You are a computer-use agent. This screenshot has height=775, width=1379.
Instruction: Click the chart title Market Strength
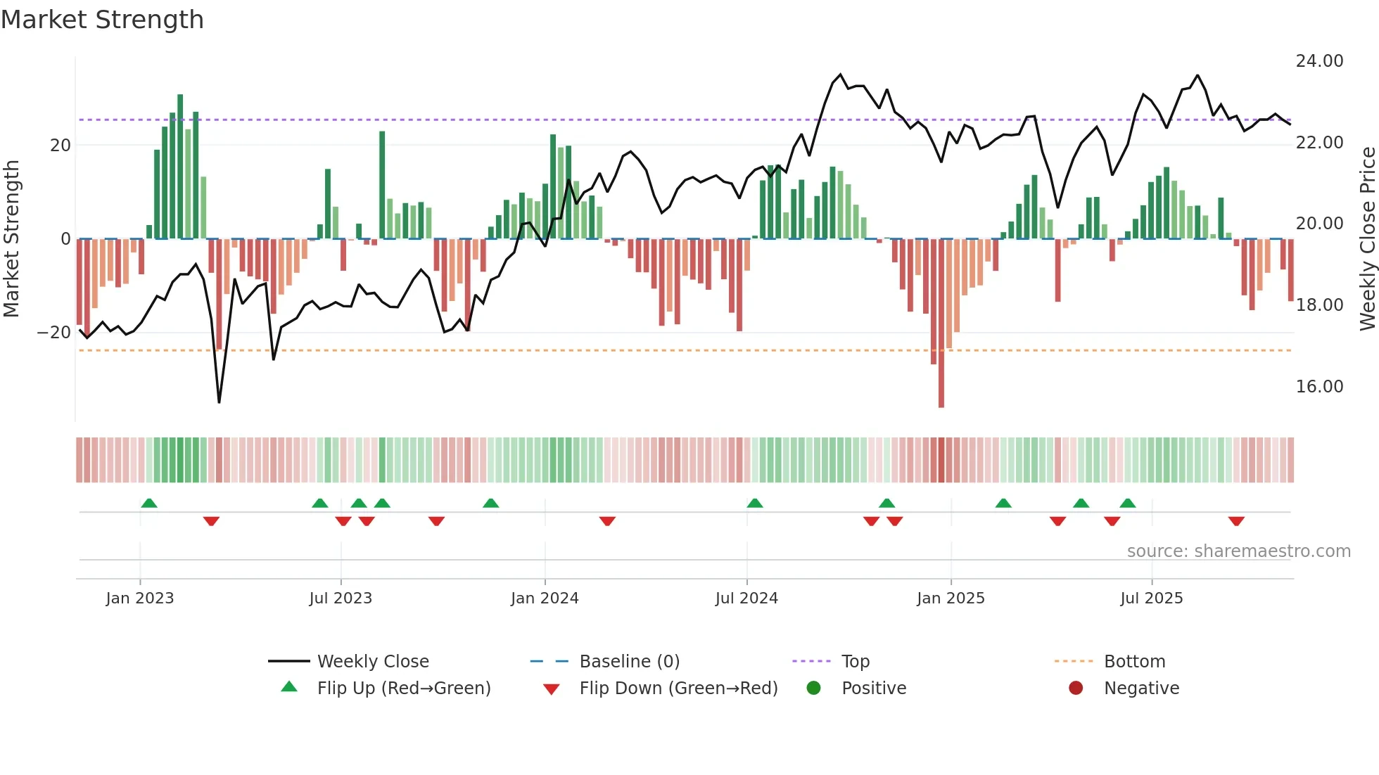102,20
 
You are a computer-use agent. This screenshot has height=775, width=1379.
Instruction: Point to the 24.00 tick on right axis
1319,61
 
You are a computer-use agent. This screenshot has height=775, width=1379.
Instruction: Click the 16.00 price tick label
1319,387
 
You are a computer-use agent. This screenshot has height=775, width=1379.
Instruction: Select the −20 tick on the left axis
54,333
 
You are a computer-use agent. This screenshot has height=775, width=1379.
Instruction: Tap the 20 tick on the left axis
61,146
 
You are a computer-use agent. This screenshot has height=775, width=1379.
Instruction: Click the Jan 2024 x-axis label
545,598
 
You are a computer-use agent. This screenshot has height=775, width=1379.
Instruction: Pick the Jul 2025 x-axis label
1151,598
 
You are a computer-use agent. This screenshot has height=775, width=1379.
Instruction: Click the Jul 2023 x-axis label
341,598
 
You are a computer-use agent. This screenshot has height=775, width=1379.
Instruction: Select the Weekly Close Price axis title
1367,239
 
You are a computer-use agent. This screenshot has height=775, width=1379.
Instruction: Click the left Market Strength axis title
12,239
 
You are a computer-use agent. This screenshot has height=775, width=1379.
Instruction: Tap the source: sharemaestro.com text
1238,551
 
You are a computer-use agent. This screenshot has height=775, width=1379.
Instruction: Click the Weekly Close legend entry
373,662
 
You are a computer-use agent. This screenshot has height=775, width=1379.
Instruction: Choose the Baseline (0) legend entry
629,662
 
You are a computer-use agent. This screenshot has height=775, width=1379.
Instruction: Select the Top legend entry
856,662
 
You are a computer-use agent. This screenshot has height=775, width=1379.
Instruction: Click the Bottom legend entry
1134,662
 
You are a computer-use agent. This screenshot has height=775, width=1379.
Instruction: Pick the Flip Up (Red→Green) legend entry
403,688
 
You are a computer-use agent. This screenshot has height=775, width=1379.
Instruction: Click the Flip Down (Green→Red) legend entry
678,688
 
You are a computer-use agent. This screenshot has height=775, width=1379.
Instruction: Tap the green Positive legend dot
814,688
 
